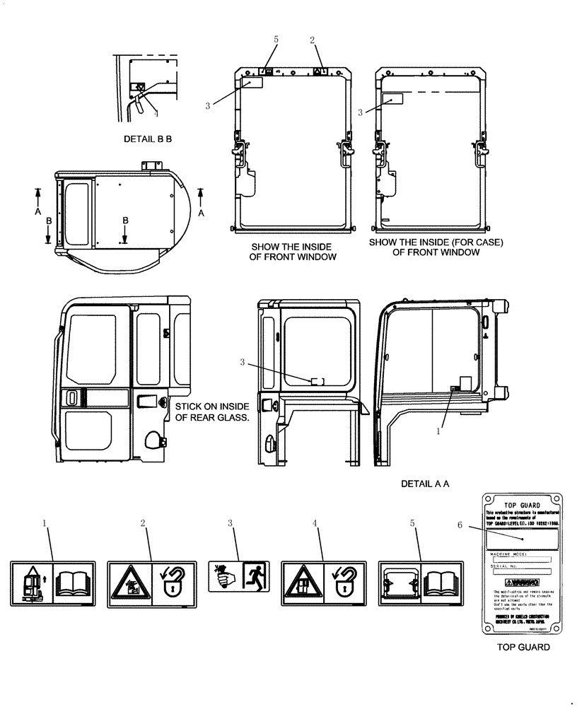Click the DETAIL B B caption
[148, 139]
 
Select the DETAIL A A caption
[425, 484]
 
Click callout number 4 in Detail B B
[156, 113]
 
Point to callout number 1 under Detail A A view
[438, 429]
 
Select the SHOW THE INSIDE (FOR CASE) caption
[436, 247]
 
